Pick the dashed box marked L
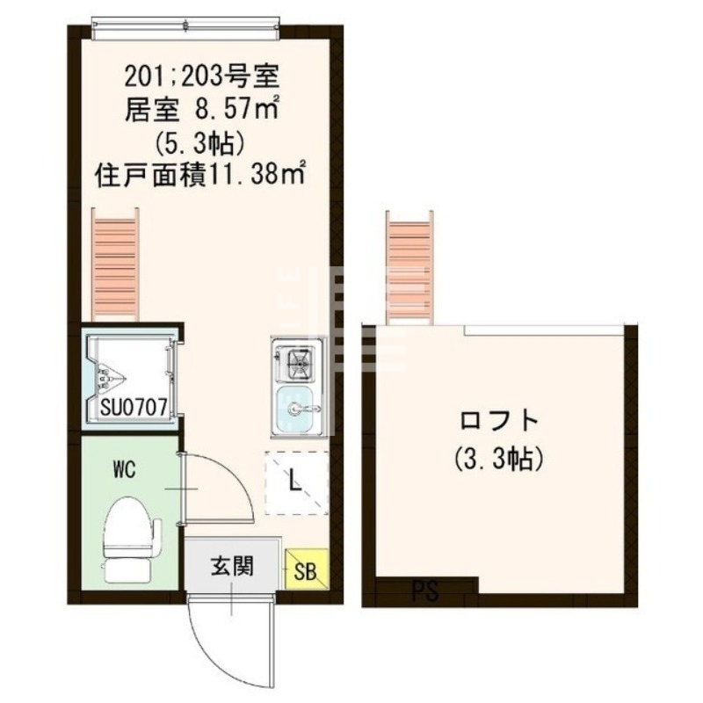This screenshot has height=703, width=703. click(x=296, y=481)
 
